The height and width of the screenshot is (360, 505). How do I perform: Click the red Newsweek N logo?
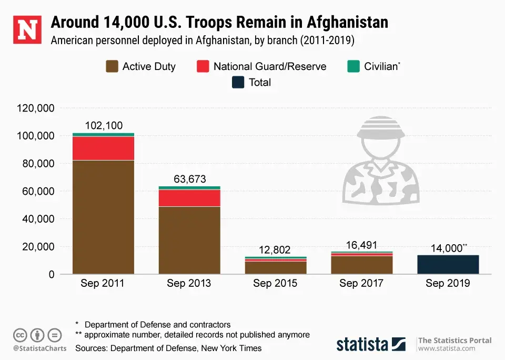point(26,29)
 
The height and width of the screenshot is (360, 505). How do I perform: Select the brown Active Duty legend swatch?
point(112,66)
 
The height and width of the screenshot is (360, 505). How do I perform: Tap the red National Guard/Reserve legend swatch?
point(203,66)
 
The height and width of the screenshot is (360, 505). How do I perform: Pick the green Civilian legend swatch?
point(353,66)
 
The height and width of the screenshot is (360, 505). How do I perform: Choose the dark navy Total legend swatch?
point(238,83)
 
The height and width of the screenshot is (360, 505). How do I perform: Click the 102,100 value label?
point(104,125)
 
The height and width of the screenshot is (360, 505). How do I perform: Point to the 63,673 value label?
point(190,179)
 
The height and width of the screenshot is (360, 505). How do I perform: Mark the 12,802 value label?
point(276,250)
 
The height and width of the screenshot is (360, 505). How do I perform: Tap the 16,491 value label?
point(362,245)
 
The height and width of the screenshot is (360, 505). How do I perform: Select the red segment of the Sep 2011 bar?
point(104,148)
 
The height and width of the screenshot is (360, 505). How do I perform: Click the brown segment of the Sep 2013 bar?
point(190,240)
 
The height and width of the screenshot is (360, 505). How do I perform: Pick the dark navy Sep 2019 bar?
point(448,264)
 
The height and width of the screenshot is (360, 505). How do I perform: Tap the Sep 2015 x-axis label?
point(276,284)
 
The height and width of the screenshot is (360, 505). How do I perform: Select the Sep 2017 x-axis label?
point(362,284)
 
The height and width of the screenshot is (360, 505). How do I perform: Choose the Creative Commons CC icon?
point(20,335)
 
